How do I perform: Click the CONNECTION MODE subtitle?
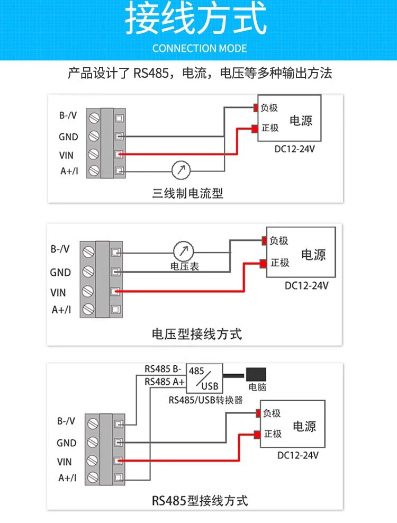coord(200,48)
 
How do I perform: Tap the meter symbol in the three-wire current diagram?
coord(181,170)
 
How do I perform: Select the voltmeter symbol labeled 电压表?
coord(184,251)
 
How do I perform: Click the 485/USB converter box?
coord(204,378)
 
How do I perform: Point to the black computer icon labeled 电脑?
coord(256,374)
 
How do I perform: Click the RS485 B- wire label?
coord(163,369)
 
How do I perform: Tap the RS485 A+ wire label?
coord(164,382)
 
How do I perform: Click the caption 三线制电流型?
coord(187,193)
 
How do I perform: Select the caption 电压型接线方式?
coord(196,334)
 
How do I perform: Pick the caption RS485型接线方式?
coord(200,501)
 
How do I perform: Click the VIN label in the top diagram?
coord(66,155)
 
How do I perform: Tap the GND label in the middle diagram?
coord(60,273)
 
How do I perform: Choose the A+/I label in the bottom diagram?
coord(67,477)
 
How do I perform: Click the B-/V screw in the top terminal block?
coord(94,118)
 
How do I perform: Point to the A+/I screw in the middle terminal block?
coord(88,309)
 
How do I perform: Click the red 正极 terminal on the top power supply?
coord(255,129)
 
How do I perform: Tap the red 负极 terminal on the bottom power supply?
coord(258,413)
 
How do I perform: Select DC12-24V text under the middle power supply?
coord(306,286)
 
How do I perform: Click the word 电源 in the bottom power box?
coord(304,426)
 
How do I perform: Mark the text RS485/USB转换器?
coord(205,400)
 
